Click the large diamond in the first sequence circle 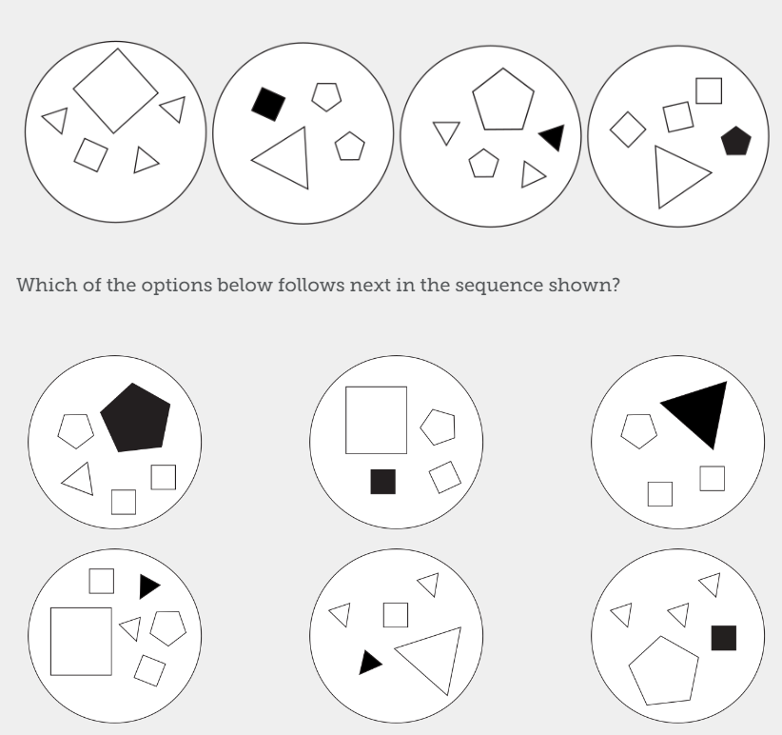point(115,90)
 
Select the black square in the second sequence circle point(268,104)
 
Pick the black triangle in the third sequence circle point(553,138)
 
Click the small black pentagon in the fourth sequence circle point(735,141)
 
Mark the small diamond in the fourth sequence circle point(627,129)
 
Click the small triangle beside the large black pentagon point(79,478)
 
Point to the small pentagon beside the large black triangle point(638,429)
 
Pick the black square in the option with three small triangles point(723,638)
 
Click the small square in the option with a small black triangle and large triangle point(396,615)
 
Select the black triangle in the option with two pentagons point(148,586)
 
